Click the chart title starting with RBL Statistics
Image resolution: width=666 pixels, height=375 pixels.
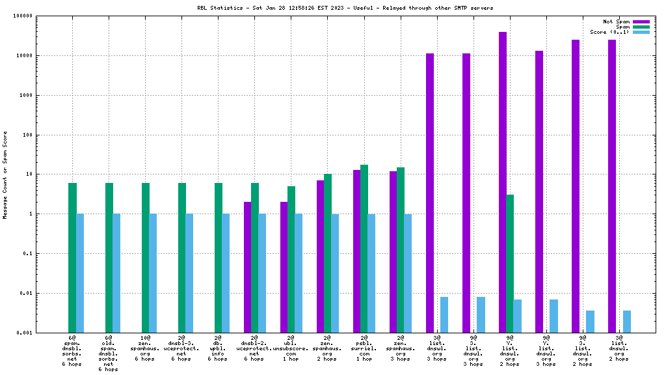point(345,8)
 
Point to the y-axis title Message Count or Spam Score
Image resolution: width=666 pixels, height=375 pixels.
point(5,174)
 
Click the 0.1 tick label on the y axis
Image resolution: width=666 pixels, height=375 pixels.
point(25,253)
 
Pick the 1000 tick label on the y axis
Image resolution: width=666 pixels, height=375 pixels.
point(23,96)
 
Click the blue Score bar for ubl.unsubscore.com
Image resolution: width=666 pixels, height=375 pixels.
point(299,273)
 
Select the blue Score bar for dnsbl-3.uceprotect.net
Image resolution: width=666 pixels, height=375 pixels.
point(189,273)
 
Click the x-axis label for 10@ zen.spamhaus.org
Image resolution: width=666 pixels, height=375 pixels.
point(145,348)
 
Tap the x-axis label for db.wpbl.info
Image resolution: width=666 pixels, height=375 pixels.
point(218,348)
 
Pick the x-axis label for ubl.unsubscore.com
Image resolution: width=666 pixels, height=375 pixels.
point(291,348)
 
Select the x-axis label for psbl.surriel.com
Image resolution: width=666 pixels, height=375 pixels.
point(364,348)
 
